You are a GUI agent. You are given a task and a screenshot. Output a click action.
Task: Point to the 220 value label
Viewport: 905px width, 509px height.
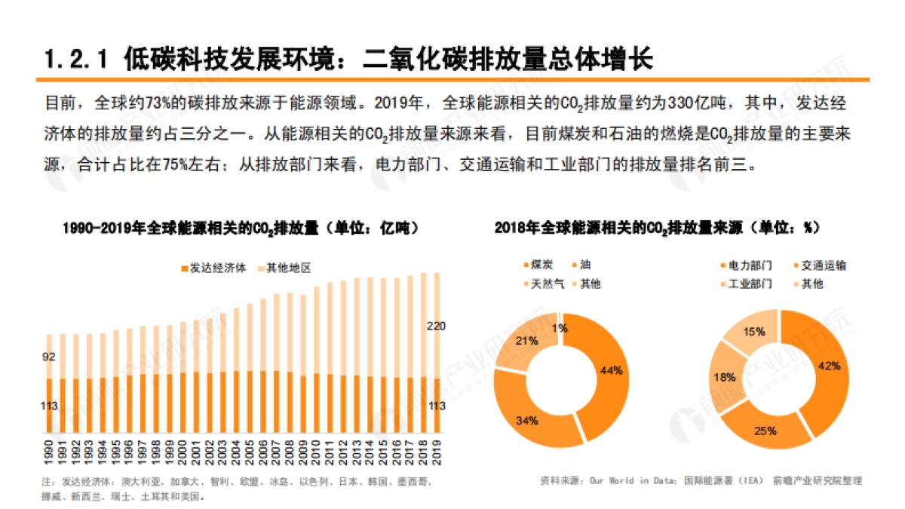[x=435, y=326]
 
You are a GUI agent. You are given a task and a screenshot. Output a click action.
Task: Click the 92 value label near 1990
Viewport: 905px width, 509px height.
[x=49, y=357]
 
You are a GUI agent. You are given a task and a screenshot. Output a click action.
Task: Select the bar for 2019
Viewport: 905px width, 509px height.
[x=436, y=354]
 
